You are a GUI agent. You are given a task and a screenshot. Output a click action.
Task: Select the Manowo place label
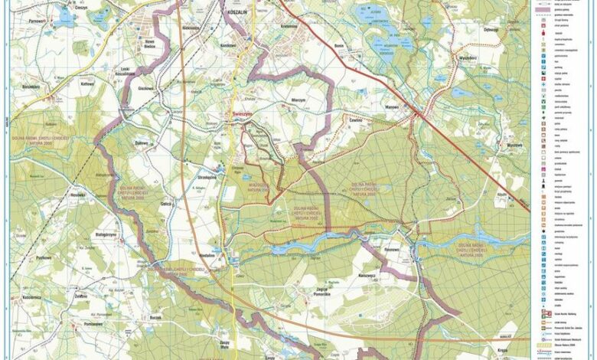tap(392, 107)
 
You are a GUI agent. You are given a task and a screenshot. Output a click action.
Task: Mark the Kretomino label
tap(290, 26)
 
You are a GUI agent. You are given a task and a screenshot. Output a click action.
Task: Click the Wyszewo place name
tap(514, 145)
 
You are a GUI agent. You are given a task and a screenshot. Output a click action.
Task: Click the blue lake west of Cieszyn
tap(64, 15)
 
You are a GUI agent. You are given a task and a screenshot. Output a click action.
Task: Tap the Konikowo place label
tap(228, 45)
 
